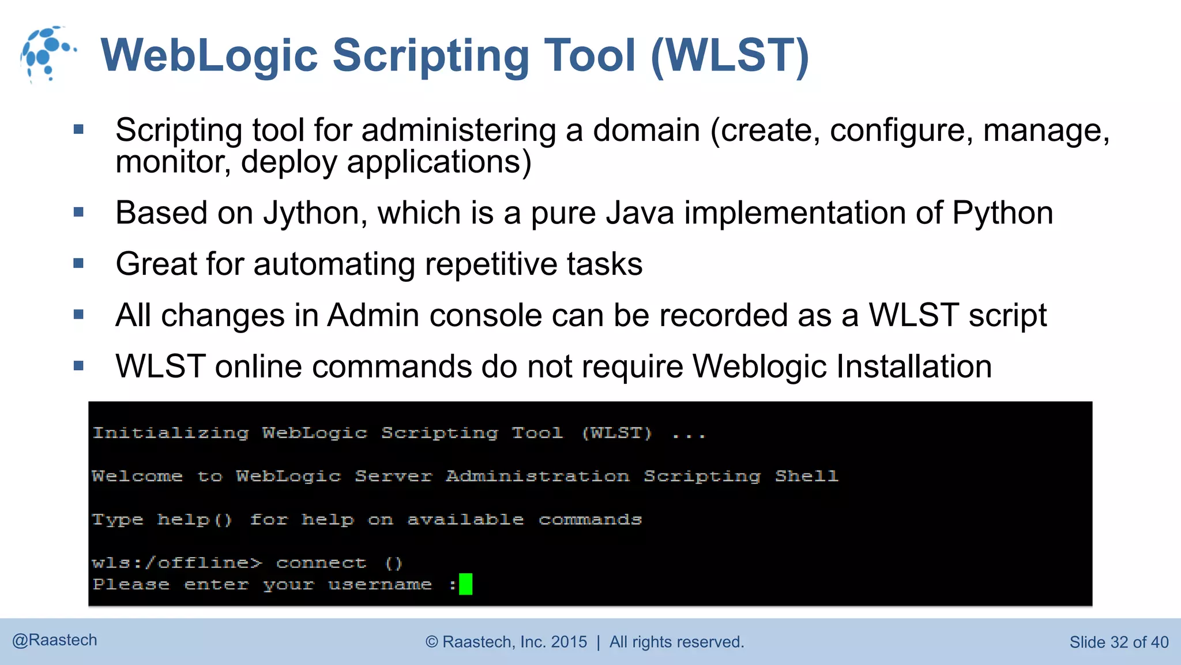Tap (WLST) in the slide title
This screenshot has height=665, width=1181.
tap(730, 55)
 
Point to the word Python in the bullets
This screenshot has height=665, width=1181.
tap(1002, 213)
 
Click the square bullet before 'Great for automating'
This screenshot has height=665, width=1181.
tap(79, 264)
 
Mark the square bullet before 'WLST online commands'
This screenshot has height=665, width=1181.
tap(79, 366)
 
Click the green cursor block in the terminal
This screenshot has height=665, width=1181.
tap(465, 584)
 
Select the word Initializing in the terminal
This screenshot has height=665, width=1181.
tap(171, 433)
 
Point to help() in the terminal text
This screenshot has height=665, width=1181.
tap(194, 520)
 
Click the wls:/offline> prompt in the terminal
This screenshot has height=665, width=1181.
tap(176, 563)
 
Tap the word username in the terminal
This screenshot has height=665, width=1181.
tap(379, 585)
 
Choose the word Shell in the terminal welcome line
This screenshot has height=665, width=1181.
tap(806, 476)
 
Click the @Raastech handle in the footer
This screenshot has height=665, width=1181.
tap(55, 640)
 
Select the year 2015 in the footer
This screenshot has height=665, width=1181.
tap(569, 642)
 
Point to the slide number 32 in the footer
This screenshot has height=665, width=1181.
tap(1119, 642)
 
